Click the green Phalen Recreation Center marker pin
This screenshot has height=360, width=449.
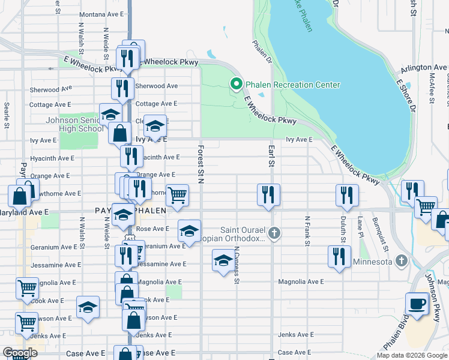[x=237, y=85]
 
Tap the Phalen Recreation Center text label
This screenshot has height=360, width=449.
[x=291, y=85]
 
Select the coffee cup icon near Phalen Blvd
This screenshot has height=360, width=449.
[x=417, y=303]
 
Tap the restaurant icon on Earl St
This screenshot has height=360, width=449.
[x=268, y=194]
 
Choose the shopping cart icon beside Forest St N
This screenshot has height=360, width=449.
[x=177, y=194]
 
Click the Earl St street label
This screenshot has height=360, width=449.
[x=271, y=155]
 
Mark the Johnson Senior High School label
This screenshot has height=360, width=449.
[x=74, y=124]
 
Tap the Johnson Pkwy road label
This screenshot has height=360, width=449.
[x=435, y=289]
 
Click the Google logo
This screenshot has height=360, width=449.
[x=20, y=353]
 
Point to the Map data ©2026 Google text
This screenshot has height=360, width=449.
[x=412, y=355]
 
